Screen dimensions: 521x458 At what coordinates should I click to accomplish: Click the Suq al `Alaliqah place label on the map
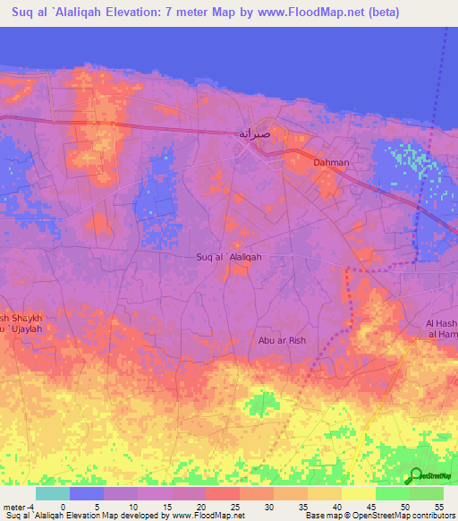point(228,257)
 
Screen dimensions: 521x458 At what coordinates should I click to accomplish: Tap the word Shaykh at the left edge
point(23,319)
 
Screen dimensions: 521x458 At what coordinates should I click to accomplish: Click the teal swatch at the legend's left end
point(53,493)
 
